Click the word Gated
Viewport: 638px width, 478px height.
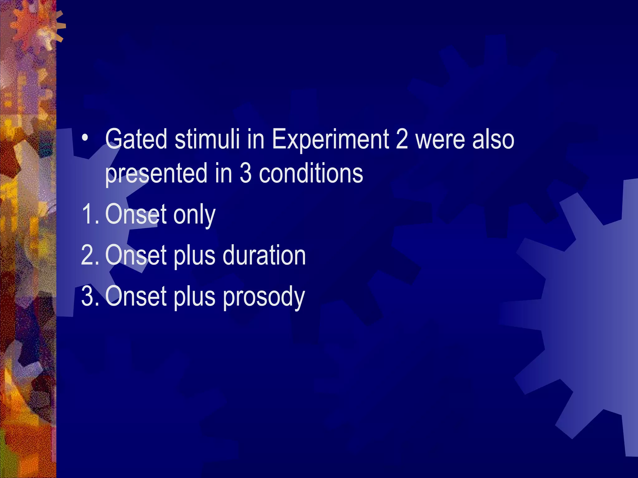tap(136, 139)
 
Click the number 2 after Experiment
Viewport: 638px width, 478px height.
tap(402, 139)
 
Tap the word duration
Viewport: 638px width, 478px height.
tap(264, 255)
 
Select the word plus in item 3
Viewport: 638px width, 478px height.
tap(194, 297)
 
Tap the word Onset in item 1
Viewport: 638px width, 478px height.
tap(136, 214)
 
